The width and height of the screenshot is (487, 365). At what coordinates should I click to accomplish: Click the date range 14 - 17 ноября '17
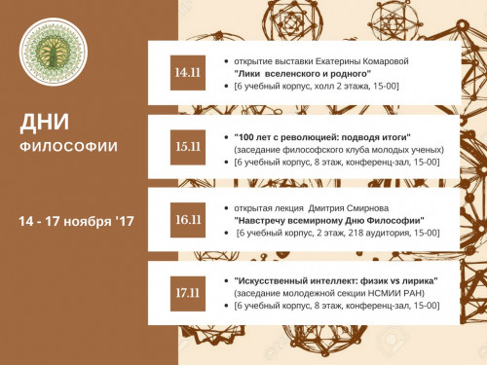[x=75, y=222]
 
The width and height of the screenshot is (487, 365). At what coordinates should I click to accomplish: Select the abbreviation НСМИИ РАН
[x=408, y=293]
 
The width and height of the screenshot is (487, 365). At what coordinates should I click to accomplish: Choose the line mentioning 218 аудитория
[x=337, y=234]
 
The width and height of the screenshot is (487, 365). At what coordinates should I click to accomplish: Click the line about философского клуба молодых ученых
[x=339, y=149]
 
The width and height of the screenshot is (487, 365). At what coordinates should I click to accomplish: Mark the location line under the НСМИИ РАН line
[x=336, y=306]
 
